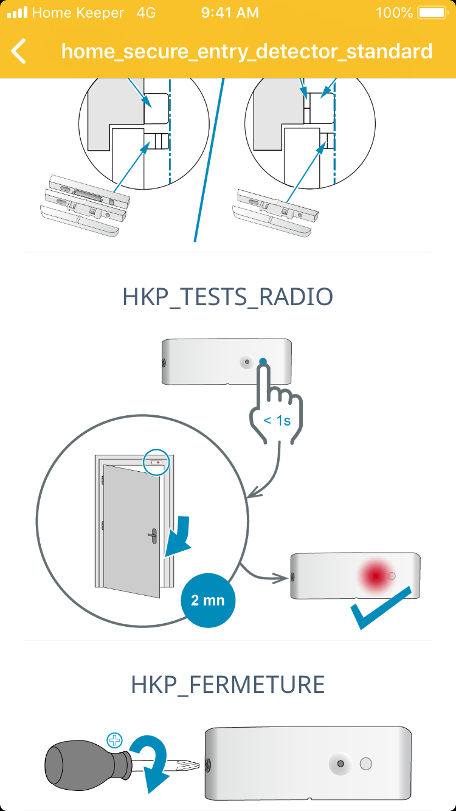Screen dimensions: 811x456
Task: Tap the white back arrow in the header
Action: point(19,51)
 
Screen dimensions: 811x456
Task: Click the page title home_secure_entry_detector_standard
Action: point(247,51)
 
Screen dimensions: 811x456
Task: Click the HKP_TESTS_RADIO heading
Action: point(228,297)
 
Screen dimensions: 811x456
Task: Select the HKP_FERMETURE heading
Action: point(228,685)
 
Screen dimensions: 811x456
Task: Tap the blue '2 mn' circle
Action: point(208,600)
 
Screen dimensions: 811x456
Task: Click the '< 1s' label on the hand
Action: point(277,419)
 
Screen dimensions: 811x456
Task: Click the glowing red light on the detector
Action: point(375,575)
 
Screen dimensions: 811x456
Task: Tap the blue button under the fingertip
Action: point(263,362)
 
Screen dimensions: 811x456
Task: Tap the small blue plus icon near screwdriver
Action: point(114,740)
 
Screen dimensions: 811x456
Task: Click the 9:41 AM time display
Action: point(229,13)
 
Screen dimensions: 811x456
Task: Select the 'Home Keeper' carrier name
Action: point(77,13)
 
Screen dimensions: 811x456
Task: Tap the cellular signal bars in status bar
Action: point(17,13)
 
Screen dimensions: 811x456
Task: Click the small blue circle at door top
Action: point(157,463)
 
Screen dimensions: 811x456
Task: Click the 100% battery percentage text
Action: point(394,13)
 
